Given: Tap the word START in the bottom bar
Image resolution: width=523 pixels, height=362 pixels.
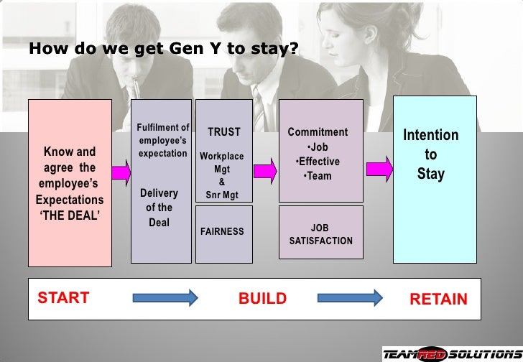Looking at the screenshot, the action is click(63, 297).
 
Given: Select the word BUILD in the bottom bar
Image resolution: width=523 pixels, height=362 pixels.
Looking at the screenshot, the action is click(262, 299).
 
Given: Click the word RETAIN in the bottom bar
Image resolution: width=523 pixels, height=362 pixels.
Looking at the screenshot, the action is click(438, 299).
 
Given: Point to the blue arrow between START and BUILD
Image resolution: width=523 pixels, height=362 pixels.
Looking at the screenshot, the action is click(165, 297).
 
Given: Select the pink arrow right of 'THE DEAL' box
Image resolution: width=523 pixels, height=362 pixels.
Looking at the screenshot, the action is click(121, 171).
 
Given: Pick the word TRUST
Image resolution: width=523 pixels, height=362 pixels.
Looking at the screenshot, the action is click(224, 132).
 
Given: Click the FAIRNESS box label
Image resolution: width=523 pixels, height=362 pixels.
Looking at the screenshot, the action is click(223, 232).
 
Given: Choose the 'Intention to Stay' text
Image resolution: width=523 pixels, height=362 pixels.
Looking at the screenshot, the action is click(430, 154).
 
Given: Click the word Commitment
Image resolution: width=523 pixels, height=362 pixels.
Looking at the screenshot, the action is click(318, 132).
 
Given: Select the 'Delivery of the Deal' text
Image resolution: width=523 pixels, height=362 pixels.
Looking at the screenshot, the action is click(159, 208).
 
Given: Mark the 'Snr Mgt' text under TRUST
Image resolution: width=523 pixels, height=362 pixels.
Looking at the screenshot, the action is click(222, 194).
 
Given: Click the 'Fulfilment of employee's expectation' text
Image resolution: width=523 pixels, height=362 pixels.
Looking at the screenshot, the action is click(162, 141).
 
